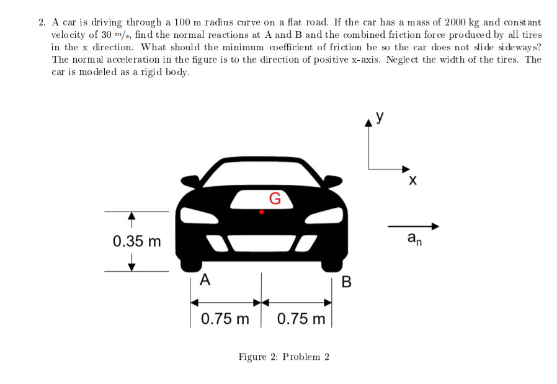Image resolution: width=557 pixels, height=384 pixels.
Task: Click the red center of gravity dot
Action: [x=262, y=212]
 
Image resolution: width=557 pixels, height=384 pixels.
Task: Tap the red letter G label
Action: [x=275, y=199]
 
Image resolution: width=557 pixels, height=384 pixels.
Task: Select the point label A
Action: [x=205, y=280]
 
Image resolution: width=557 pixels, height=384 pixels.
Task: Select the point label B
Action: [x=346, y=283]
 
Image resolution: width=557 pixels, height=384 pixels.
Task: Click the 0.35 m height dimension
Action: [x=136, y=241]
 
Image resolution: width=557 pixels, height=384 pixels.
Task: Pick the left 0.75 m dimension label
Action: [x=225, y=319]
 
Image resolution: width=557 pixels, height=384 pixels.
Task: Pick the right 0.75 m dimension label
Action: [x=301, y=319]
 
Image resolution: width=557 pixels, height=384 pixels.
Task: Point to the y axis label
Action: [x=379, y=116]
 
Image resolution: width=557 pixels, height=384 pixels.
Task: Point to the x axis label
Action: [x=412, y=181]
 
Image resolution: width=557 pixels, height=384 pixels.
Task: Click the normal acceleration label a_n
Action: [x=414, y=239]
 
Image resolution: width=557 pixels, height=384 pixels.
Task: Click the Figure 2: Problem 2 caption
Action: [x=284, y=357]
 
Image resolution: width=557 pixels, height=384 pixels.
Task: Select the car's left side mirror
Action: [x=190, y=181]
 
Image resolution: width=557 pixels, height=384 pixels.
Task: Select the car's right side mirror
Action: [x=333, y=181]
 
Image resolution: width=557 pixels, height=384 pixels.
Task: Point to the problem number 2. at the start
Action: [x=42, y=23]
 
